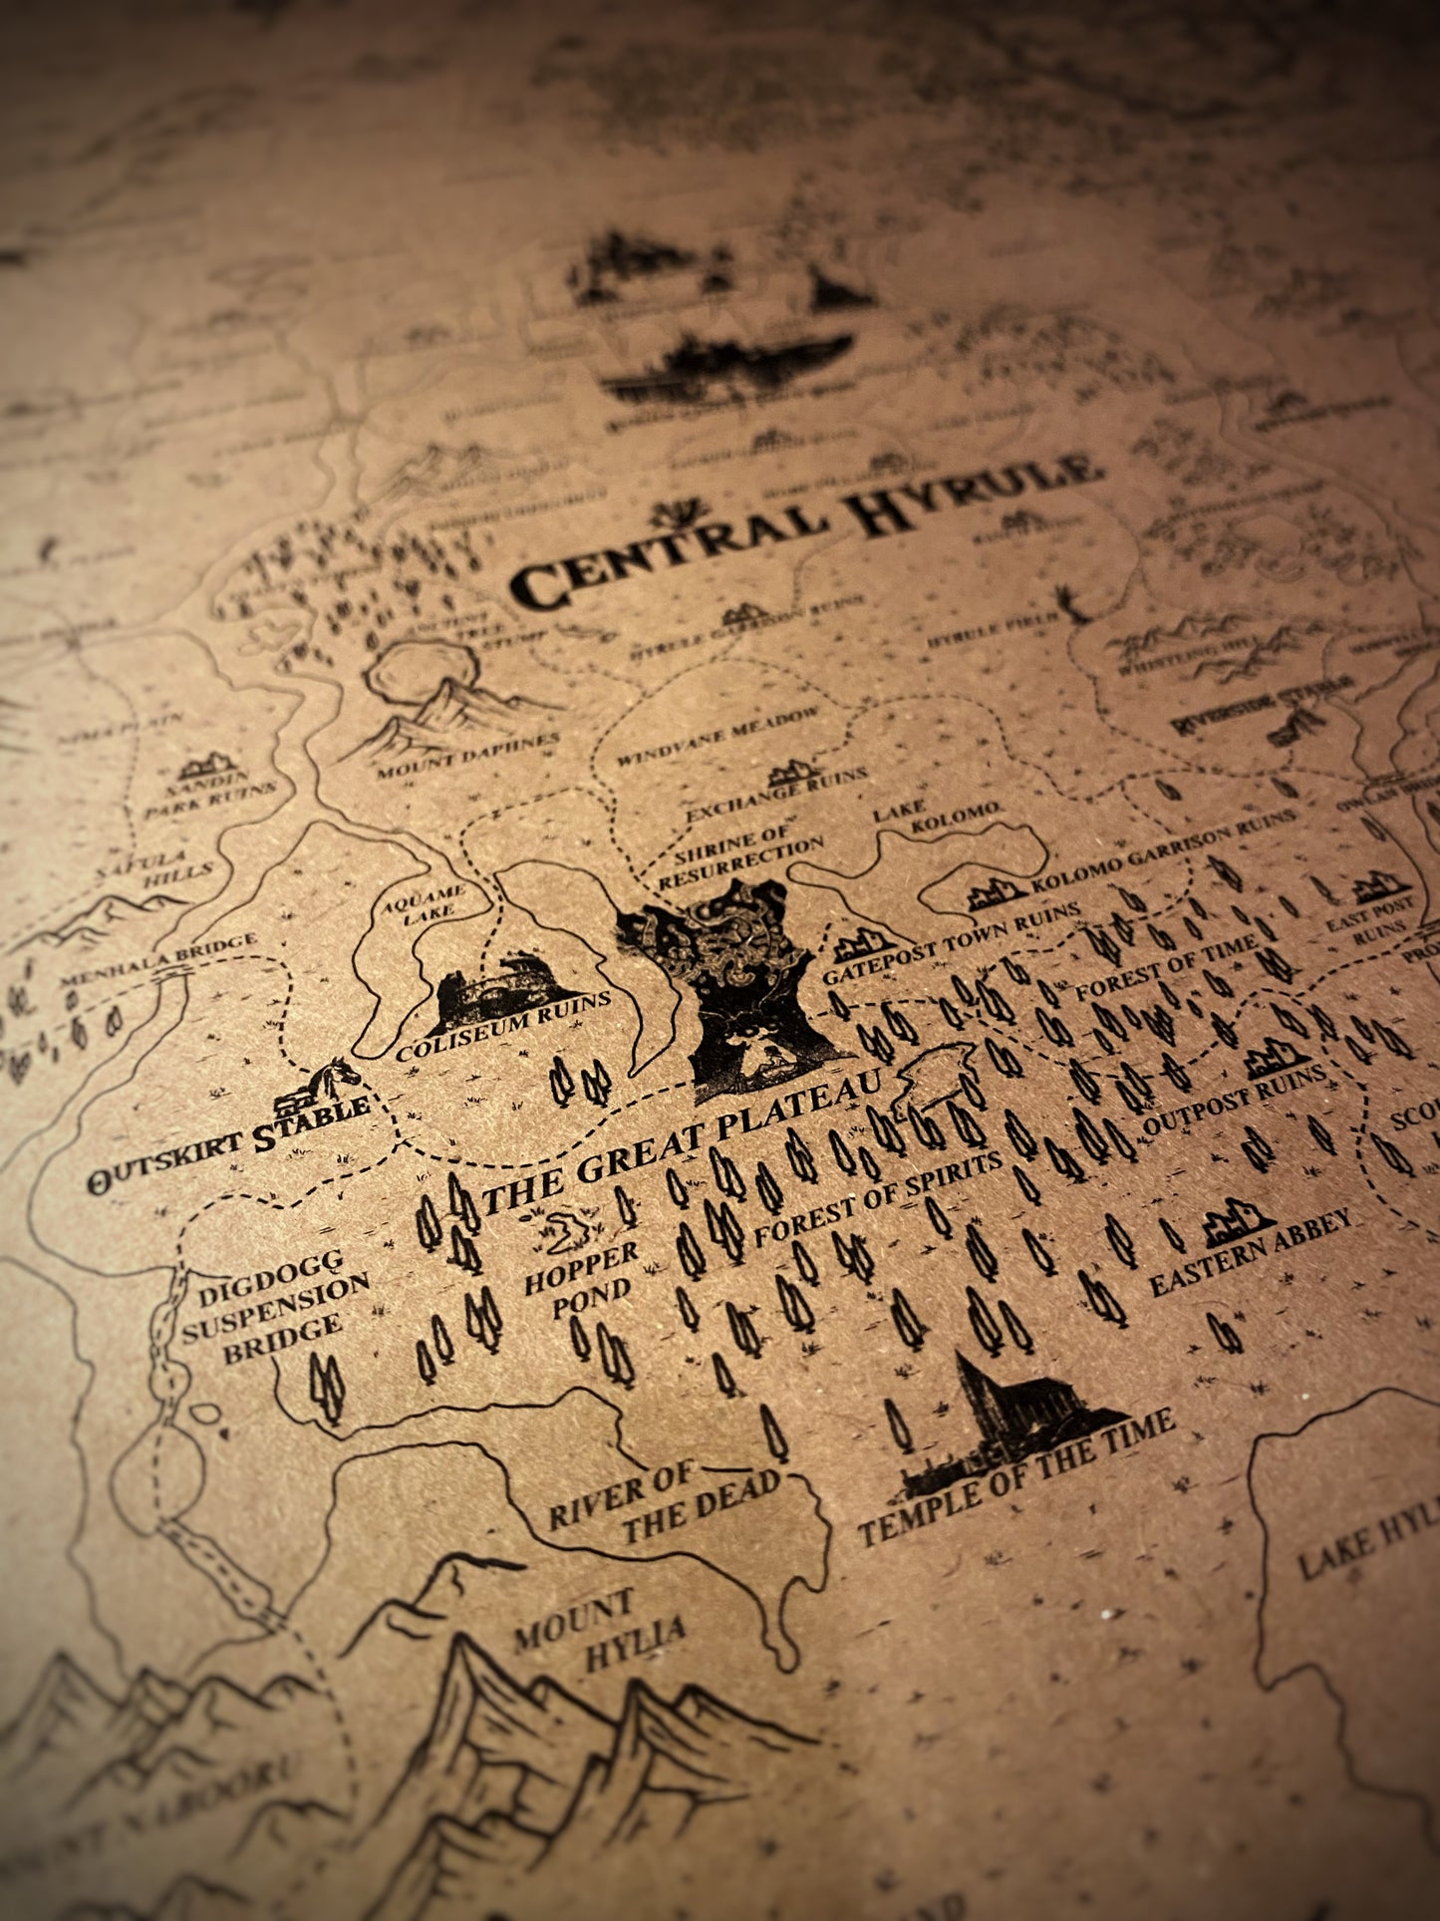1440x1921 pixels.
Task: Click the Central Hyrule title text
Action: click(807, 533)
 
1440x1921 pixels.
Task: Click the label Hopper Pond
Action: click(578, 1279)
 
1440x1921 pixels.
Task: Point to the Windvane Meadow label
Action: click(718, 735)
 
